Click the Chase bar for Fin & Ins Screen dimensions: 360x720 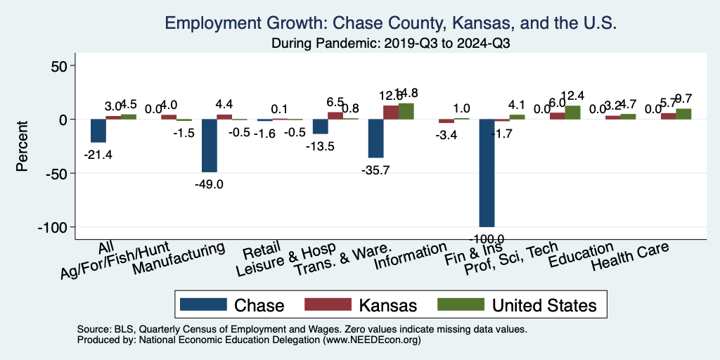coord(487,173)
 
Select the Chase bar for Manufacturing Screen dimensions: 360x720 coord(209,146)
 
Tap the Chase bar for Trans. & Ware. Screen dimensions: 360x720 coord(376,139)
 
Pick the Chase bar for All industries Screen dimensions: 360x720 coord(98,131)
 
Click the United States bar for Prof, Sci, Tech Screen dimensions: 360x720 coord(572,112)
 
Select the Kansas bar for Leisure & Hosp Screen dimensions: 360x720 coord(335,116)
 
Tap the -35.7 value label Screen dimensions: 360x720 coord(376,169)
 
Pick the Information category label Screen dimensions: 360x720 coord(411,257)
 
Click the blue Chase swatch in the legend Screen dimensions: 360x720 coord(203,304)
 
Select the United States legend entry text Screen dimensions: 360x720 coord(544,305)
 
